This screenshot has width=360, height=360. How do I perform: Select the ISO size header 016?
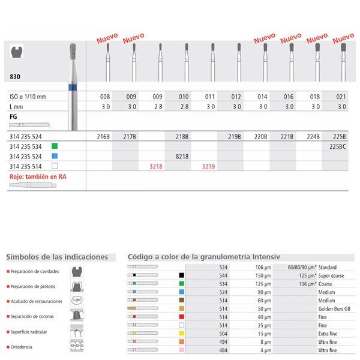click(x=288, y=97)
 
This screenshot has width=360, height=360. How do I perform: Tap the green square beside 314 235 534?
click(x=53, y=146)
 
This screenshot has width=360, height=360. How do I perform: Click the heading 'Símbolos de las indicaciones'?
click(x=57, y=257)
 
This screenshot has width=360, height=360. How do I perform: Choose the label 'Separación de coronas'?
click(x=35, y=315)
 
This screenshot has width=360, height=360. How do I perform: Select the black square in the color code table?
click(x=181, y=275)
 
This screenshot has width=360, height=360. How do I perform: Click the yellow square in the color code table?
click(x=181, y=333)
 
